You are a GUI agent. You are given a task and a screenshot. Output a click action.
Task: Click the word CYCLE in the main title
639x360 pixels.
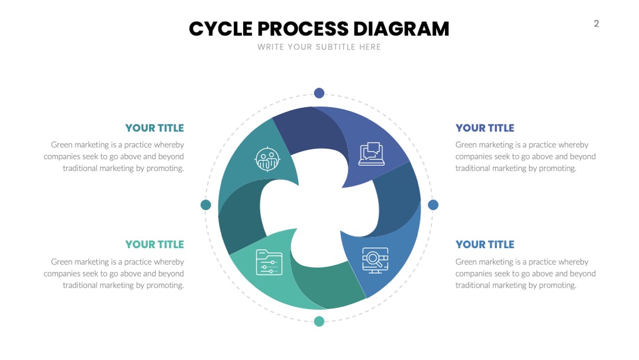(x=221, y=29)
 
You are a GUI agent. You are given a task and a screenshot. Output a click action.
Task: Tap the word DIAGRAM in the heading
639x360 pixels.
(x=401, y=29)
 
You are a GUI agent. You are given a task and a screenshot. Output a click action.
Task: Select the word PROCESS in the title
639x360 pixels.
(x=303, y=29)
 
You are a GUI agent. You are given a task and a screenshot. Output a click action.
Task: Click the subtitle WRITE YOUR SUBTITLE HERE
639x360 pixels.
(x=319, y=47)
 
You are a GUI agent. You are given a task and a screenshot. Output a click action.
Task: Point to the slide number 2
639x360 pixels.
(x=596, y=24)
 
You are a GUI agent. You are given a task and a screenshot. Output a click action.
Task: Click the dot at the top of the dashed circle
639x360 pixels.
(x=319, y=93)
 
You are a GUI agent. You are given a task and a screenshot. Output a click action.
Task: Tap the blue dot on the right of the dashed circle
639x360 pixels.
(x=433, y=205)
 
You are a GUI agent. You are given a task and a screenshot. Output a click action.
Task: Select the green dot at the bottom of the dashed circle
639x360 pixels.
(x=319, y=322)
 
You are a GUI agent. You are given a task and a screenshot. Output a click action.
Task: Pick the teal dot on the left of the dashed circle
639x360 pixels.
(x=206, y=205)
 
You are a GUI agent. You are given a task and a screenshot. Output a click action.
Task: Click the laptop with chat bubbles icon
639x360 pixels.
(x=371, y=154)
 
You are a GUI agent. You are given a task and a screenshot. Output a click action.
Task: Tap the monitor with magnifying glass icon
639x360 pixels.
(x=375, y=261)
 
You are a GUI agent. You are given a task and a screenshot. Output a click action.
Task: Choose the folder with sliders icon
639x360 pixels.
(x=269, y=262)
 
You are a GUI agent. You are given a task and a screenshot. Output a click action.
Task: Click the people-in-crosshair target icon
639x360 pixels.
(x=267, y=159)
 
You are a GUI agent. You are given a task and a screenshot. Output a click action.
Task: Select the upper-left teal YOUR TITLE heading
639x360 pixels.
(x=154, y=128)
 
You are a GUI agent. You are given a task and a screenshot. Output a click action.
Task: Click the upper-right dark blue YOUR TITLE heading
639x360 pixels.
(x=485, y=128)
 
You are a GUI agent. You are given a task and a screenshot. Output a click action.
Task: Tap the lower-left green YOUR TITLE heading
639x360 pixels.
(x=154, y=244)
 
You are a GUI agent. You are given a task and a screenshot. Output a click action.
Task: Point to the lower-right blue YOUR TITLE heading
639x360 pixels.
(x=485, y=244)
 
